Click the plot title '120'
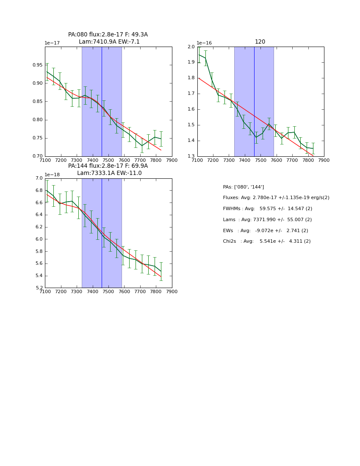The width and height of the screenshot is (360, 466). (260, 42)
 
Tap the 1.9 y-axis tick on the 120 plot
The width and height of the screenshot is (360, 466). (190, 62)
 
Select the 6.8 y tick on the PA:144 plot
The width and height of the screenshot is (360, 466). (39, 190)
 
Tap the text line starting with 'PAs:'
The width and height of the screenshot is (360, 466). (243, 187)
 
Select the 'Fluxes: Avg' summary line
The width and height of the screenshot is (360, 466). (276, 198)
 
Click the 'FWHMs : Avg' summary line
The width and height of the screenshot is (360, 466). (267, 209)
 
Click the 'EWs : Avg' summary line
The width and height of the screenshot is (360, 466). (265, 230)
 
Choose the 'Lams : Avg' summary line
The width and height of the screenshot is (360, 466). (267, 220)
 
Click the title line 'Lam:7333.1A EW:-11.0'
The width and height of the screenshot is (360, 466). (109, 173)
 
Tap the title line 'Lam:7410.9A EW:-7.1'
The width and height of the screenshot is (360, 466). (109, 42)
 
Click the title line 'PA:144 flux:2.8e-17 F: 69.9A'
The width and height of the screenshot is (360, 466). (108, 166)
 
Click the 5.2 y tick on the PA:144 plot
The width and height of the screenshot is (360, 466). (39, 288)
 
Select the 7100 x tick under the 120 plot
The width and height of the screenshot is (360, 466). (197, 160)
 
